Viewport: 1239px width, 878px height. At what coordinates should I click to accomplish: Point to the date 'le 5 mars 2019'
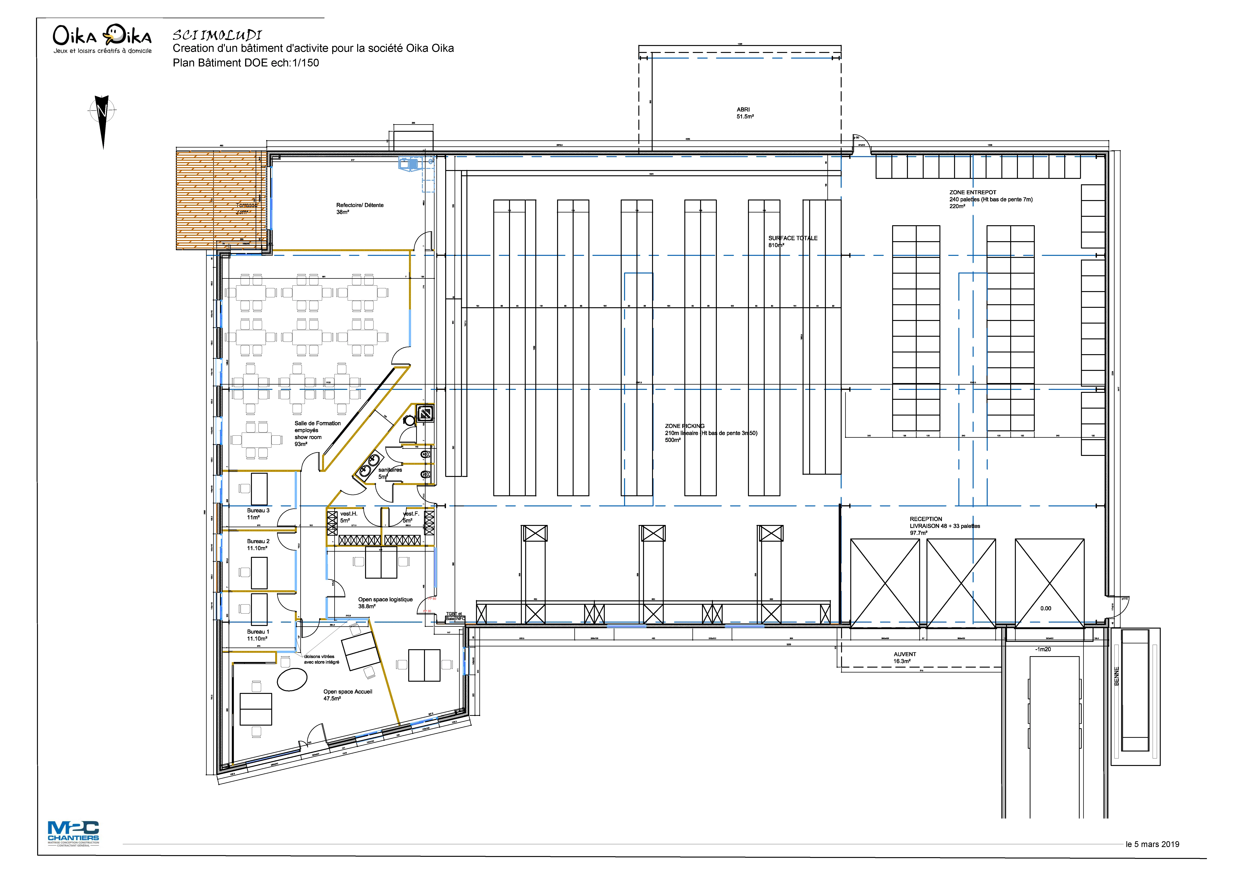[1152, 844]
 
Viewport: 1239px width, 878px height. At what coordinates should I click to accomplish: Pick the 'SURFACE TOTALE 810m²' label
[792, 241]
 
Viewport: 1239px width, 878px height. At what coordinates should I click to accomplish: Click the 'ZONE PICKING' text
[684, 426]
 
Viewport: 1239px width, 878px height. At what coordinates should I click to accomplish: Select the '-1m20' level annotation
[1043, 649]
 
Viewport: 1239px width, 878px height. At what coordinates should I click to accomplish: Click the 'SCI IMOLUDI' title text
[217, 35]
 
